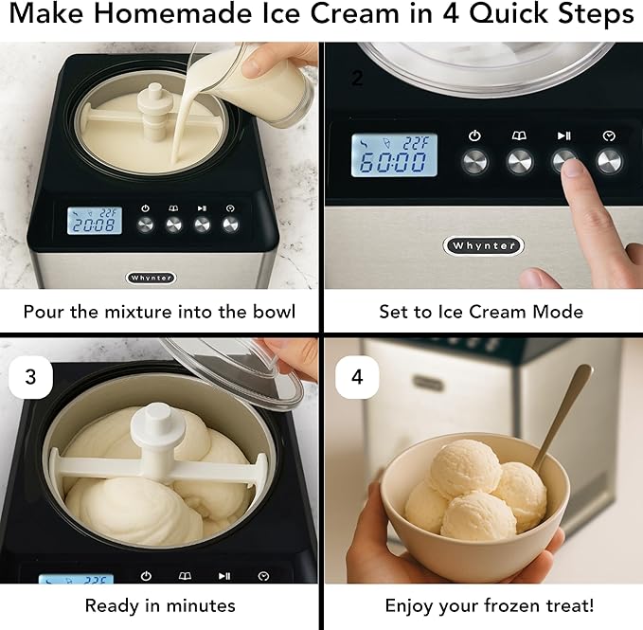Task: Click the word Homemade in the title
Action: pos(179,16)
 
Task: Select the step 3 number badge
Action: pos(31,376)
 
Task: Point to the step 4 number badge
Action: pos(356,376)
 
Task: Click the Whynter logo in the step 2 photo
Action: pos(483,245)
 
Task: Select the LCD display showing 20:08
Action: pos(94,221)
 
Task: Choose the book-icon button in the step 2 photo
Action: pos(519,161)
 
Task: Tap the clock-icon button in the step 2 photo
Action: pos(609,161)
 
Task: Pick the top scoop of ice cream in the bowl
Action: pos(463,467)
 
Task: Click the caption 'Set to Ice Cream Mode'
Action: pos(481,311)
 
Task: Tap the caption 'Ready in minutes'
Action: pos(160,604)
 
